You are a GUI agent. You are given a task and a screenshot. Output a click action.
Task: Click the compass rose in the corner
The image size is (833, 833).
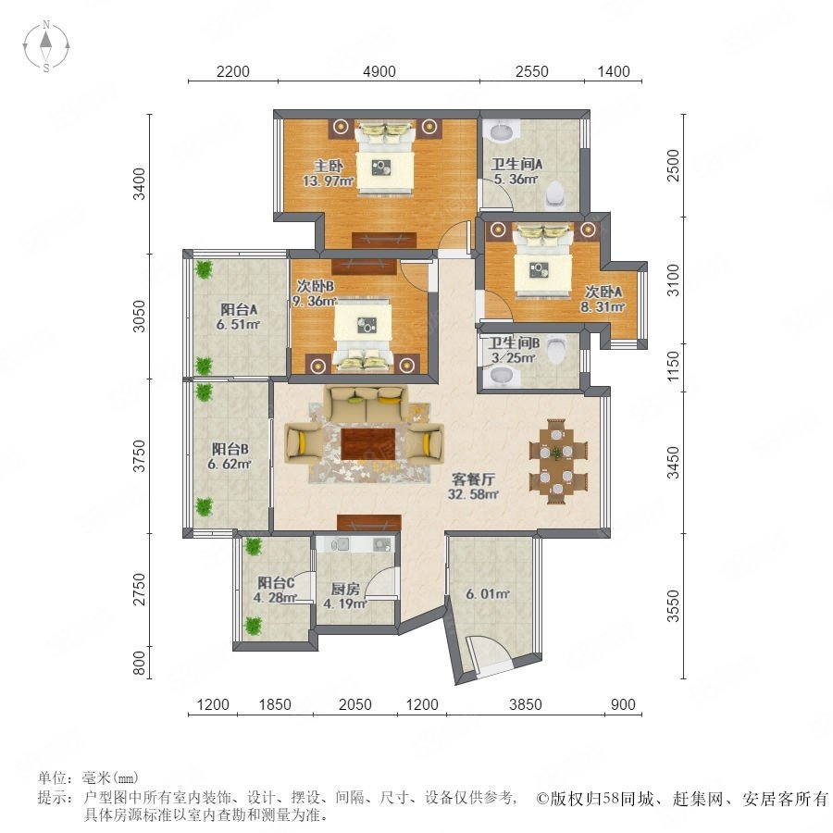point(46,46)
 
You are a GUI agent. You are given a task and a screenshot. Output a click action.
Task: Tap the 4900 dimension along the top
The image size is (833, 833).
point(379,71)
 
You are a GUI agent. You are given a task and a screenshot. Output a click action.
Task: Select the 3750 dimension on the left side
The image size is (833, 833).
point(139,455)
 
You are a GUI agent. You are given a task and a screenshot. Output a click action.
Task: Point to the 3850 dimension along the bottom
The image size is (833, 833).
point(525,704)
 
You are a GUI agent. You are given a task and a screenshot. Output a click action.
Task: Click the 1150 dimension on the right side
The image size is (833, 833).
point(673,366)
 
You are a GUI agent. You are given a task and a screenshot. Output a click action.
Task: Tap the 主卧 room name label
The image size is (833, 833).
point(328,166)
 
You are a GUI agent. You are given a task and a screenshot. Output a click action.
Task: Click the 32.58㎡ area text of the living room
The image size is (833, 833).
point(473,494)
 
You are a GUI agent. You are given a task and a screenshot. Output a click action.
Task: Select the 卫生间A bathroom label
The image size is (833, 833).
point(516,165)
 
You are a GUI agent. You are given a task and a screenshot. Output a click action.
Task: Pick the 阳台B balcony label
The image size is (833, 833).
point(230,450)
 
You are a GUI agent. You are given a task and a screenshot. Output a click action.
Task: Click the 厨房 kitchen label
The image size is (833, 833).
point(345,589)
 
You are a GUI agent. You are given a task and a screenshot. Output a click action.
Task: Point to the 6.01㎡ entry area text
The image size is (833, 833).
point(488,593)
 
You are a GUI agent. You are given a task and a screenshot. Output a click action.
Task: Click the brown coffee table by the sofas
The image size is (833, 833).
point(367,444)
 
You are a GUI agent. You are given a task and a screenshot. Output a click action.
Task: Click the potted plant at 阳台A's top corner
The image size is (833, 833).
point(203,268)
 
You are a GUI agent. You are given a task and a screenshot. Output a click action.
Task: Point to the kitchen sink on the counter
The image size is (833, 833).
point(339,543)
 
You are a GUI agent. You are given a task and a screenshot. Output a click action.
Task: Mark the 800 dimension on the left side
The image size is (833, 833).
point(139,663)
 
